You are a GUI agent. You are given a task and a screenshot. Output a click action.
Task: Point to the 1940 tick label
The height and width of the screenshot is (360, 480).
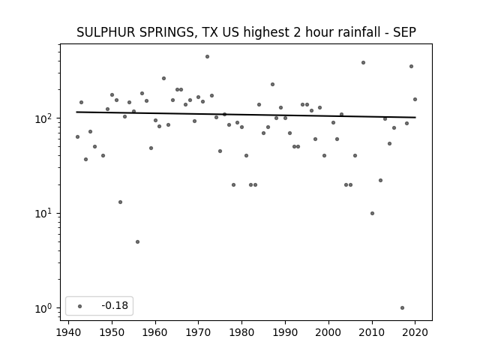[68, 332]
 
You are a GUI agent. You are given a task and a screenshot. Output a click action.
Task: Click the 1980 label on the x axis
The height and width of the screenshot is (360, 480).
[241, 332]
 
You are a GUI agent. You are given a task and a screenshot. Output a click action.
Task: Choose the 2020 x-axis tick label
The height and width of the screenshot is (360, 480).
[415, 332]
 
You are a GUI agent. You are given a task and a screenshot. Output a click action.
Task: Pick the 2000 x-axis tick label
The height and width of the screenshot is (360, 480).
[328, 332]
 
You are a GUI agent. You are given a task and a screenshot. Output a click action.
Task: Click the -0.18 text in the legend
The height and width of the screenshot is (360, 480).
[115, 305]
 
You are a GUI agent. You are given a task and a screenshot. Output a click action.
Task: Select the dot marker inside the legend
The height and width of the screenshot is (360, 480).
[80, 306]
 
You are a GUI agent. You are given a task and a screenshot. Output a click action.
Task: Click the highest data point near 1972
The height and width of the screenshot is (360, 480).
[207, 57]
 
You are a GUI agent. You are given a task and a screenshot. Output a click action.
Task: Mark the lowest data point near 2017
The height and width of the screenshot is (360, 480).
[402, 308]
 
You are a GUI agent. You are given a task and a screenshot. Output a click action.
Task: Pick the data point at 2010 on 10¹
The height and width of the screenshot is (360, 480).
[372, 213]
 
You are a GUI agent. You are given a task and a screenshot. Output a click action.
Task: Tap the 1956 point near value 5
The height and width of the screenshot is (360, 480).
[137, 241]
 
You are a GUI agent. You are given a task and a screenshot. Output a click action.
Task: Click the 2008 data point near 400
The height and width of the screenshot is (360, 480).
[363, 63]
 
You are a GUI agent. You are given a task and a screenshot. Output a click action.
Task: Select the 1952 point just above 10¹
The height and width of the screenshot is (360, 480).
[120, 202]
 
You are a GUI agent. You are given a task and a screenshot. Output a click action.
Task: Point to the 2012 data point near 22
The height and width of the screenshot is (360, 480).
[380, 180]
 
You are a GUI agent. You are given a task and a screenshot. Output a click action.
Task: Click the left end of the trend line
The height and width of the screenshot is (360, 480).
[76, 112]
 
